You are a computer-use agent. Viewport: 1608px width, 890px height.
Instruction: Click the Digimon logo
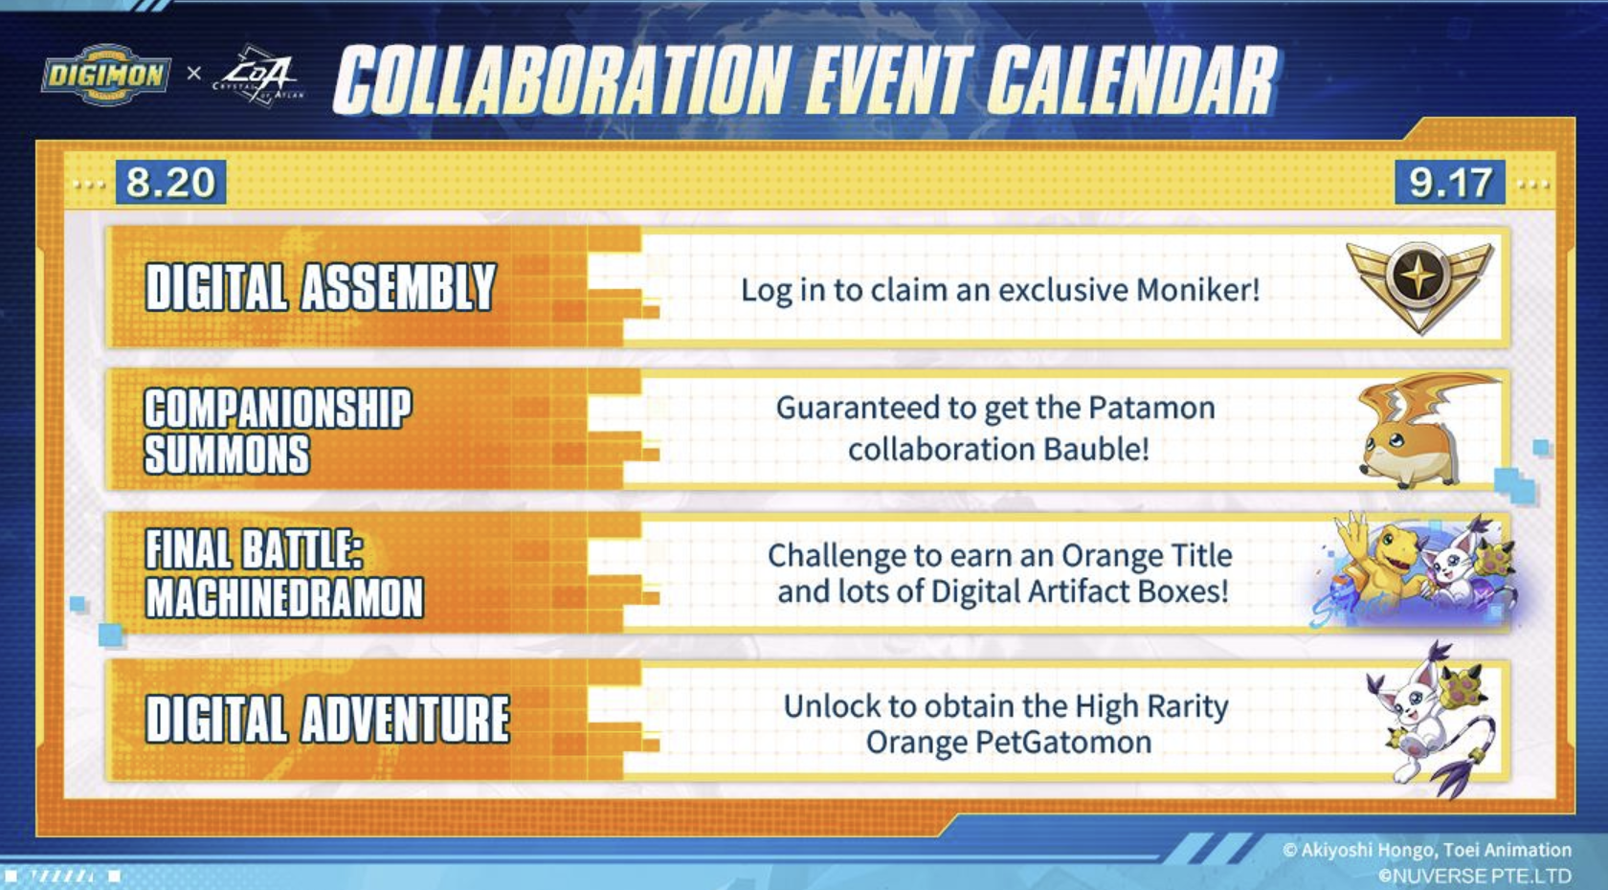106,75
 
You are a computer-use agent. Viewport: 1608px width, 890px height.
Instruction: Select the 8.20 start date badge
170,182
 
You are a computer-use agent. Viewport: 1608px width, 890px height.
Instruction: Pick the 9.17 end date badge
1450,182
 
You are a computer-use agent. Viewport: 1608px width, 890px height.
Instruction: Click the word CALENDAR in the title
1132,79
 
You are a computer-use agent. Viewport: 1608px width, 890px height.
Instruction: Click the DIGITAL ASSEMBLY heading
321,287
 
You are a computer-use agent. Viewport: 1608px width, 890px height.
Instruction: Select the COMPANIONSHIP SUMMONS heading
279,431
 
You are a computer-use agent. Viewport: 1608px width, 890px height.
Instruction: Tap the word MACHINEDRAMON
285,597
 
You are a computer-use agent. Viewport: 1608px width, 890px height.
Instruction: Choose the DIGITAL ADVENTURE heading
327,719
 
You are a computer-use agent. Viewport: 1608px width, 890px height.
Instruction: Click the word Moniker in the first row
1197,290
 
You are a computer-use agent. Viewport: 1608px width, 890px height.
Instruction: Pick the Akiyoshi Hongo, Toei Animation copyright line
1427,850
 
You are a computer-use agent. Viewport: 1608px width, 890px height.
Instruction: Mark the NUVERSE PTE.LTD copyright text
1475,876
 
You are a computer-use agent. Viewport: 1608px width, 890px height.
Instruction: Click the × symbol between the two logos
193,73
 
